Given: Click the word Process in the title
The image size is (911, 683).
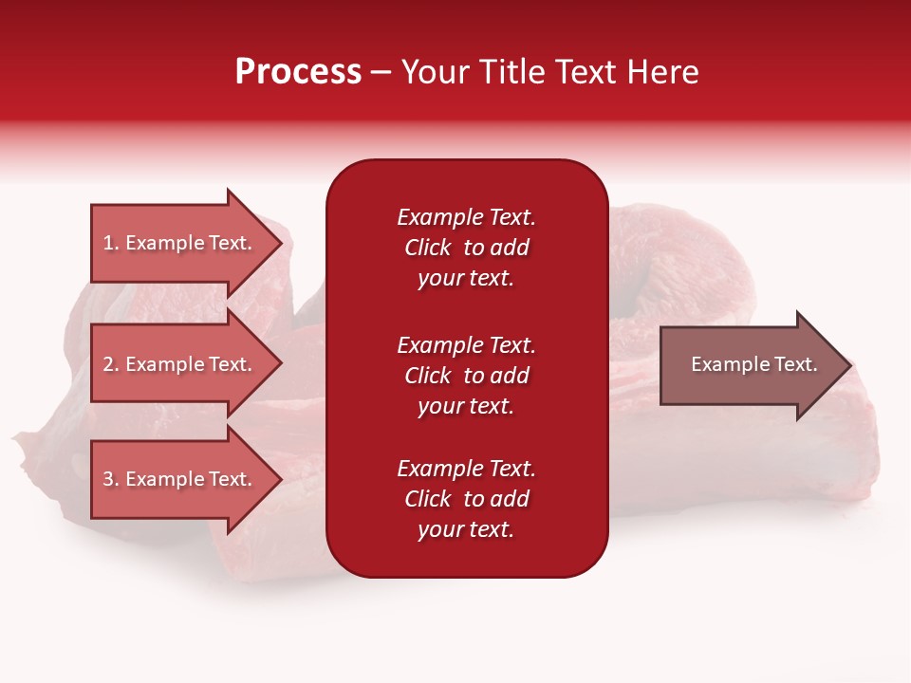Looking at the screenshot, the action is tap(299, 72).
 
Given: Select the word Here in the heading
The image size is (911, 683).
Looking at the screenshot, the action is tap(663, 72).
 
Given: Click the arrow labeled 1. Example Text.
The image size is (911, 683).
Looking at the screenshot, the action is tap(187, 244).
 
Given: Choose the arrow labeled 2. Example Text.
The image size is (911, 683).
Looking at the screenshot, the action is tap(187, 364).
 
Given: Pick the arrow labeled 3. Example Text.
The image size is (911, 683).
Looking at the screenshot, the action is tap(187, 478).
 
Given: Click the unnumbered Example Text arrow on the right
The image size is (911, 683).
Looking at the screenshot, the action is tap(756, 365).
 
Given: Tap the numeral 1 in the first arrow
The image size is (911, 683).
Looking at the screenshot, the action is tap(108, 243).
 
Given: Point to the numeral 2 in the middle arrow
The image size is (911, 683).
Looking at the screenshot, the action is tap(108, 364).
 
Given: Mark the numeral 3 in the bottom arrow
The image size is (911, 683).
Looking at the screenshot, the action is tap(108, 478).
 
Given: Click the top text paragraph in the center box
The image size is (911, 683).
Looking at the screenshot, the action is tap(467, 248).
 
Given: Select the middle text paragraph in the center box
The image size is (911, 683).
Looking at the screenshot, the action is tap(467, 376).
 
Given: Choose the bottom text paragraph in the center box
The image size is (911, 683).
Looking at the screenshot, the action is tap(467, 499).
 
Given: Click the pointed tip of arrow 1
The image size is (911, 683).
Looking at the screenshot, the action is tap(283, 244).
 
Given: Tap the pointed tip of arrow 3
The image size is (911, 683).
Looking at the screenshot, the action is tap(283, 478).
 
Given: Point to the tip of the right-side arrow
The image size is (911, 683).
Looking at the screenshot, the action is tap(852, 365).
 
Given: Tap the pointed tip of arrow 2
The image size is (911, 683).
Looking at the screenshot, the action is tap(283, 364).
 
